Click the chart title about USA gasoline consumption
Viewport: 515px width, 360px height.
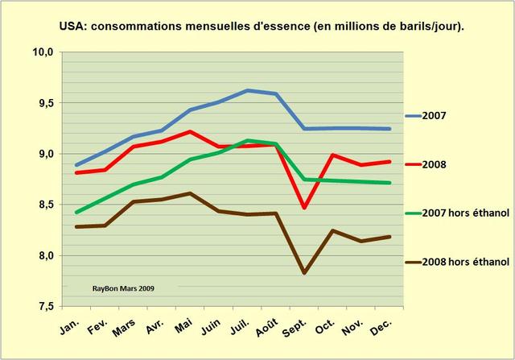click(262, 26)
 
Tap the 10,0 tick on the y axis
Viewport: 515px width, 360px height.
click(43, 52)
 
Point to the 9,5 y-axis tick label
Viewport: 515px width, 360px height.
click(44, 103)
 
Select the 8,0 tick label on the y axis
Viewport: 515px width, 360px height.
click(44, 255)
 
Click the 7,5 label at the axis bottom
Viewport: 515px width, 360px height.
click(44, 306)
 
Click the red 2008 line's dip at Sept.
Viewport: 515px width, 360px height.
click(305, 208)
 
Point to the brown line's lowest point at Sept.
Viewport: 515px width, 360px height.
click(305, 273)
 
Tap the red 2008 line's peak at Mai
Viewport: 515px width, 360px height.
click(189, 131)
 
